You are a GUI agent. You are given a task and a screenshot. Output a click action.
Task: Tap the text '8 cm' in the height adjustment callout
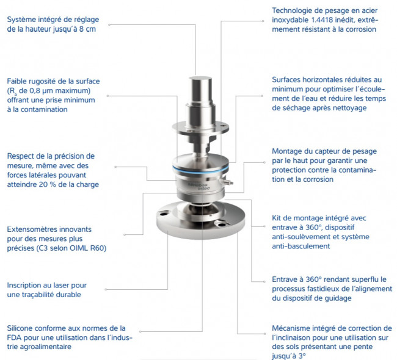87,29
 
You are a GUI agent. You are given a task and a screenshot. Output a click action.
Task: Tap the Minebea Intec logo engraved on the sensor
199,186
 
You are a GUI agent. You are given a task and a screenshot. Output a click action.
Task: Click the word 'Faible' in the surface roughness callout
17,82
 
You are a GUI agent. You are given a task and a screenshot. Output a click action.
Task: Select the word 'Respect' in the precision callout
21,156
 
